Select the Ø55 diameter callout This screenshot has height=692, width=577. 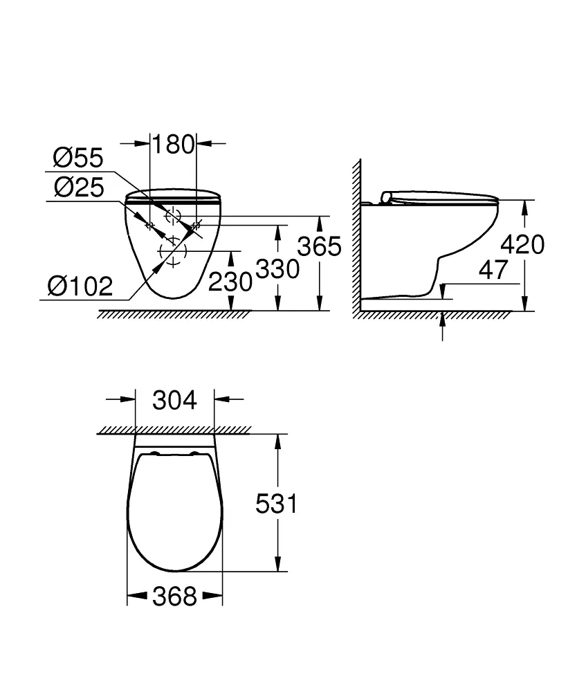point(77,158)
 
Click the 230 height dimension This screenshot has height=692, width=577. point(230,281)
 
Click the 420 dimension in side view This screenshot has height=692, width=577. point(522,244)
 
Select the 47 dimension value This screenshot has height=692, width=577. point(493,271)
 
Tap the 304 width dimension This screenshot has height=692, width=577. point(174,400)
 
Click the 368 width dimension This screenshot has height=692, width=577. point(174,596)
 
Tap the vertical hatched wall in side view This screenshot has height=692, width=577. point(358,235)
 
